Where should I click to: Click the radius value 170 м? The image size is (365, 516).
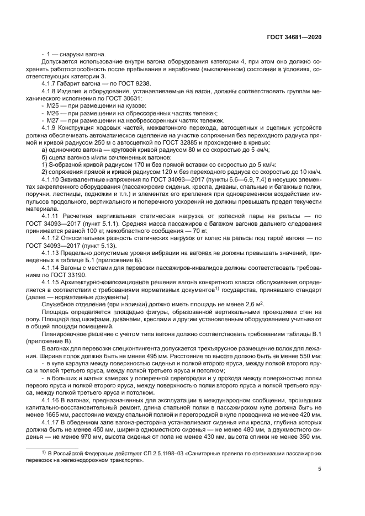(x=136, y=164)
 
